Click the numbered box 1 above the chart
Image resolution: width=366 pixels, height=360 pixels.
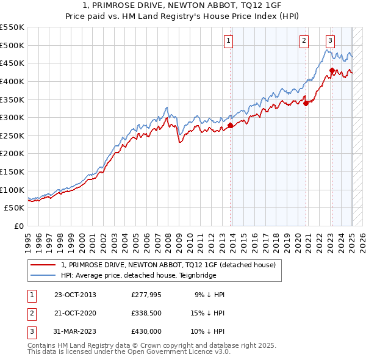coord(228,41)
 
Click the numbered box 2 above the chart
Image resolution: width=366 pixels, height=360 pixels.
coord(303,41)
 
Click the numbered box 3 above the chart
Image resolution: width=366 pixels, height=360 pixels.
coord(330,41)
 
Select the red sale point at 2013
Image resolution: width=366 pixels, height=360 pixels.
coord(230,126)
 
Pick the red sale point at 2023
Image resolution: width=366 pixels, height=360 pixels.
coord(332,70)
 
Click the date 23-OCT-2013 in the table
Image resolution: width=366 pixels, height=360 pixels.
coord(75,295)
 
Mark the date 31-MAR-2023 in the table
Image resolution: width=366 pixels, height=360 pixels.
coord(75,331)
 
